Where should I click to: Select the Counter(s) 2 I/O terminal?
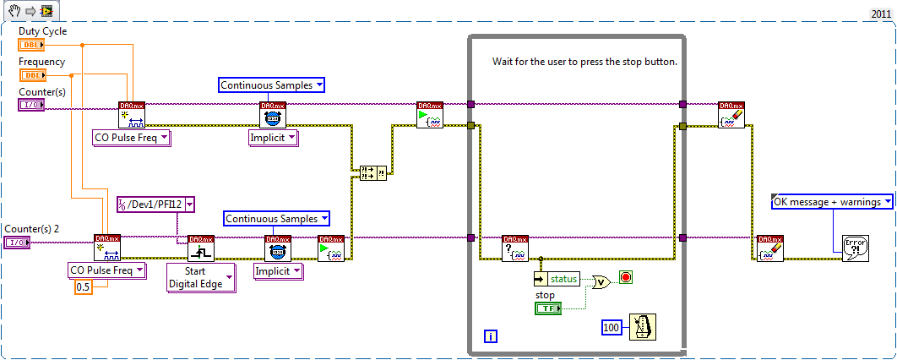[17, 243]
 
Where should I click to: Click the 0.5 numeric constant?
[83, 287]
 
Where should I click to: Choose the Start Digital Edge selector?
[201, 277]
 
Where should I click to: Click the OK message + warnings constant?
[833, 201]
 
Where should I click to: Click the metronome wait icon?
[642, 325]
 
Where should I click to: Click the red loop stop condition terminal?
[625, 277]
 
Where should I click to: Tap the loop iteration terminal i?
[491, 336]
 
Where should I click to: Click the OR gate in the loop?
[601, 282]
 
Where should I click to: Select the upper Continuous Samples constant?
[271, 85]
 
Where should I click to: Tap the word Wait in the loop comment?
[503, 63]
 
